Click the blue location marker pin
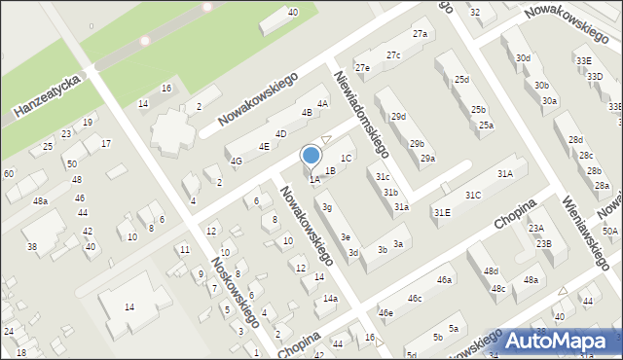(311, 156)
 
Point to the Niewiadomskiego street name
(361, 114)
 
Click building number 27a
(420, 34)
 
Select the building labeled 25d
(461, 79)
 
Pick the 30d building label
(524, 58)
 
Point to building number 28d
(576, 140)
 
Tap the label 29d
(398, 117)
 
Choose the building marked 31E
(442, 212)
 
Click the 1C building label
(346, 158)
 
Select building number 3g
(328, 207)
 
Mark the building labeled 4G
(236, 162)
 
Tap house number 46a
(444, 280)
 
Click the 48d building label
(492, 270)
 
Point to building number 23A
(535, 228)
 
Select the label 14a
(331, 298)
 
